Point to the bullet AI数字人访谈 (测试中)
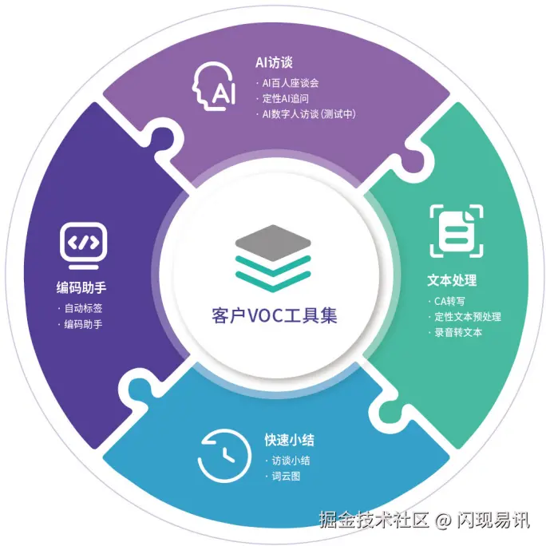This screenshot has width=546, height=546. click(x=309, y=115)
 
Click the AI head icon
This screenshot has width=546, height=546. click(x=214, y=86)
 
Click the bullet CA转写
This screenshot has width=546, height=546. click(x=449, y=301)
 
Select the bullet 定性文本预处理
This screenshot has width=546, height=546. click(x=467, y=317)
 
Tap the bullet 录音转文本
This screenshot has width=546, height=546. click(x=458, y=333)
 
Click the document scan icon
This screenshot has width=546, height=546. click(x=457, y=231)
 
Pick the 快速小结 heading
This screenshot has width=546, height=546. click(x=290, y=440)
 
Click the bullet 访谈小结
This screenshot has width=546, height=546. click(x=291, y=461)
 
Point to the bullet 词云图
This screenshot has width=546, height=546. click(x=286, y=477)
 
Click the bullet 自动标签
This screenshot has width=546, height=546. click(x=83, y=308)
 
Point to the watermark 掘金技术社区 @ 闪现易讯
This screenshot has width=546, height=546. click(x=424, y=520)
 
